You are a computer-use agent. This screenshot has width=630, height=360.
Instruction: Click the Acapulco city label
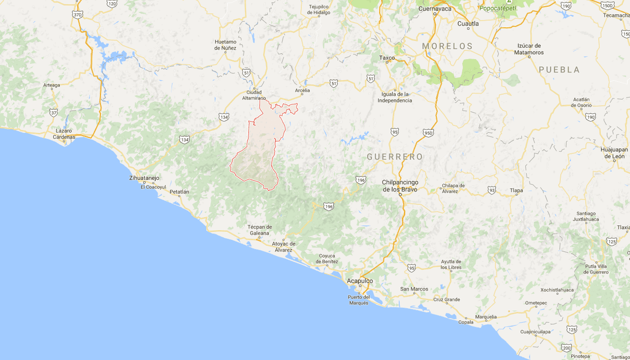click(360, 281)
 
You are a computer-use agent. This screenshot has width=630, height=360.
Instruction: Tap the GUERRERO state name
click(395, 157)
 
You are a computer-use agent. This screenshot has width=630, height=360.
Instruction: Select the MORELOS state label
click(447, 46)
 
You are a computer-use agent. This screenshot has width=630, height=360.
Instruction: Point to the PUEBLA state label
click(559, 70)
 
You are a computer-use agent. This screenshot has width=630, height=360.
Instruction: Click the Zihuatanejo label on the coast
click(144, 178)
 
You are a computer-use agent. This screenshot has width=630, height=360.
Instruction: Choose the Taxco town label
click(387, 58)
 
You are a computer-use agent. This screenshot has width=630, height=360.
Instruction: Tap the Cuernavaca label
click(435, 8)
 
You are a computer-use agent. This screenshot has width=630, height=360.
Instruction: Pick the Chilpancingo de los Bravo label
click(400, 186)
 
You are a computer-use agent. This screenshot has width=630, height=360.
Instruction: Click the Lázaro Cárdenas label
click(64, 134)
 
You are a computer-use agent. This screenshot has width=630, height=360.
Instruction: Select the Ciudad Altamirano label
click(254, 95)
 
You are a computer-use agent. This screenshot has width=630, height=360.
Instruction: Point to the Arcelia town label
click(302, 91)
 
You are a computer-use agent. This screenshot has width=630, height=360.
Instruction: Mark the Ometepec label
click(536, 303)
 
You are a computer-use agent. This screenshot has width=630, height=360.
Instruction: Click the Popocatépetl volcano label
click(497, 8)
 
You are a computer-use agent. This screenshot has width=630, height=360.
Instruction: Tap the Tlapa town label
click(516, 190)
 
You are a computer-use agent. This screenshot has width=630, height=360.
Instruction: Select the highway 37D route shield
click(77, 15)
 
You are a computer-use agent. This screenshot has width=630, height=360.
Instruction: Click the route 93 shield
click(492, 190)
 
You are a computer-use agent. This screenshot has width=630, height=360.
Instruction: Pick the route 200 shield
click(567, 348)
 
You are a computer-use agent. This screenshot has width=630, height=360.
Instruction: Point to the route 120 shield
click(112, 4)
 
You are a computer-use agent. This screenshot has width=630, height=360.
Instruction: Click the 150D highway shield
click(607, 5)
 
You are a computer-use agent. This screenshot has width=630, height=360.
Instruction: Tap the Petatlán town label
click(179, 192)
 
